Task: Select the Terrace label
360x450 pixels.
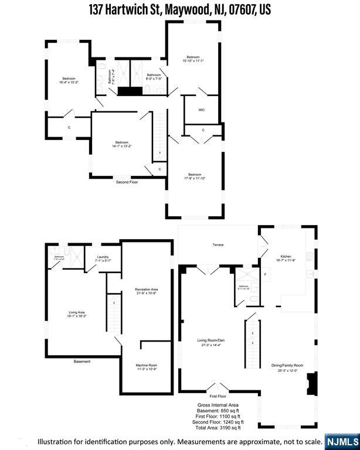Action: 218,245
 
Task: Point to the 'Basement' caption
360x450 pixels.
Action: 82,362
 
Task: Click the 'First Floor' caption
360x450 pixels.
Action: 218,397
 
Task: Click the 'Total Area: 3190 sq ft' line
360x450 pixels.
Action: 220,427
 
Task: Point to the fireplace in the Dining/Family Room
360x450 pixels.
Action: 311,384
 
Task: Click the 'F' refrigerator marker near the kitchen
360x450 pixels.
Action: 265,274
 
